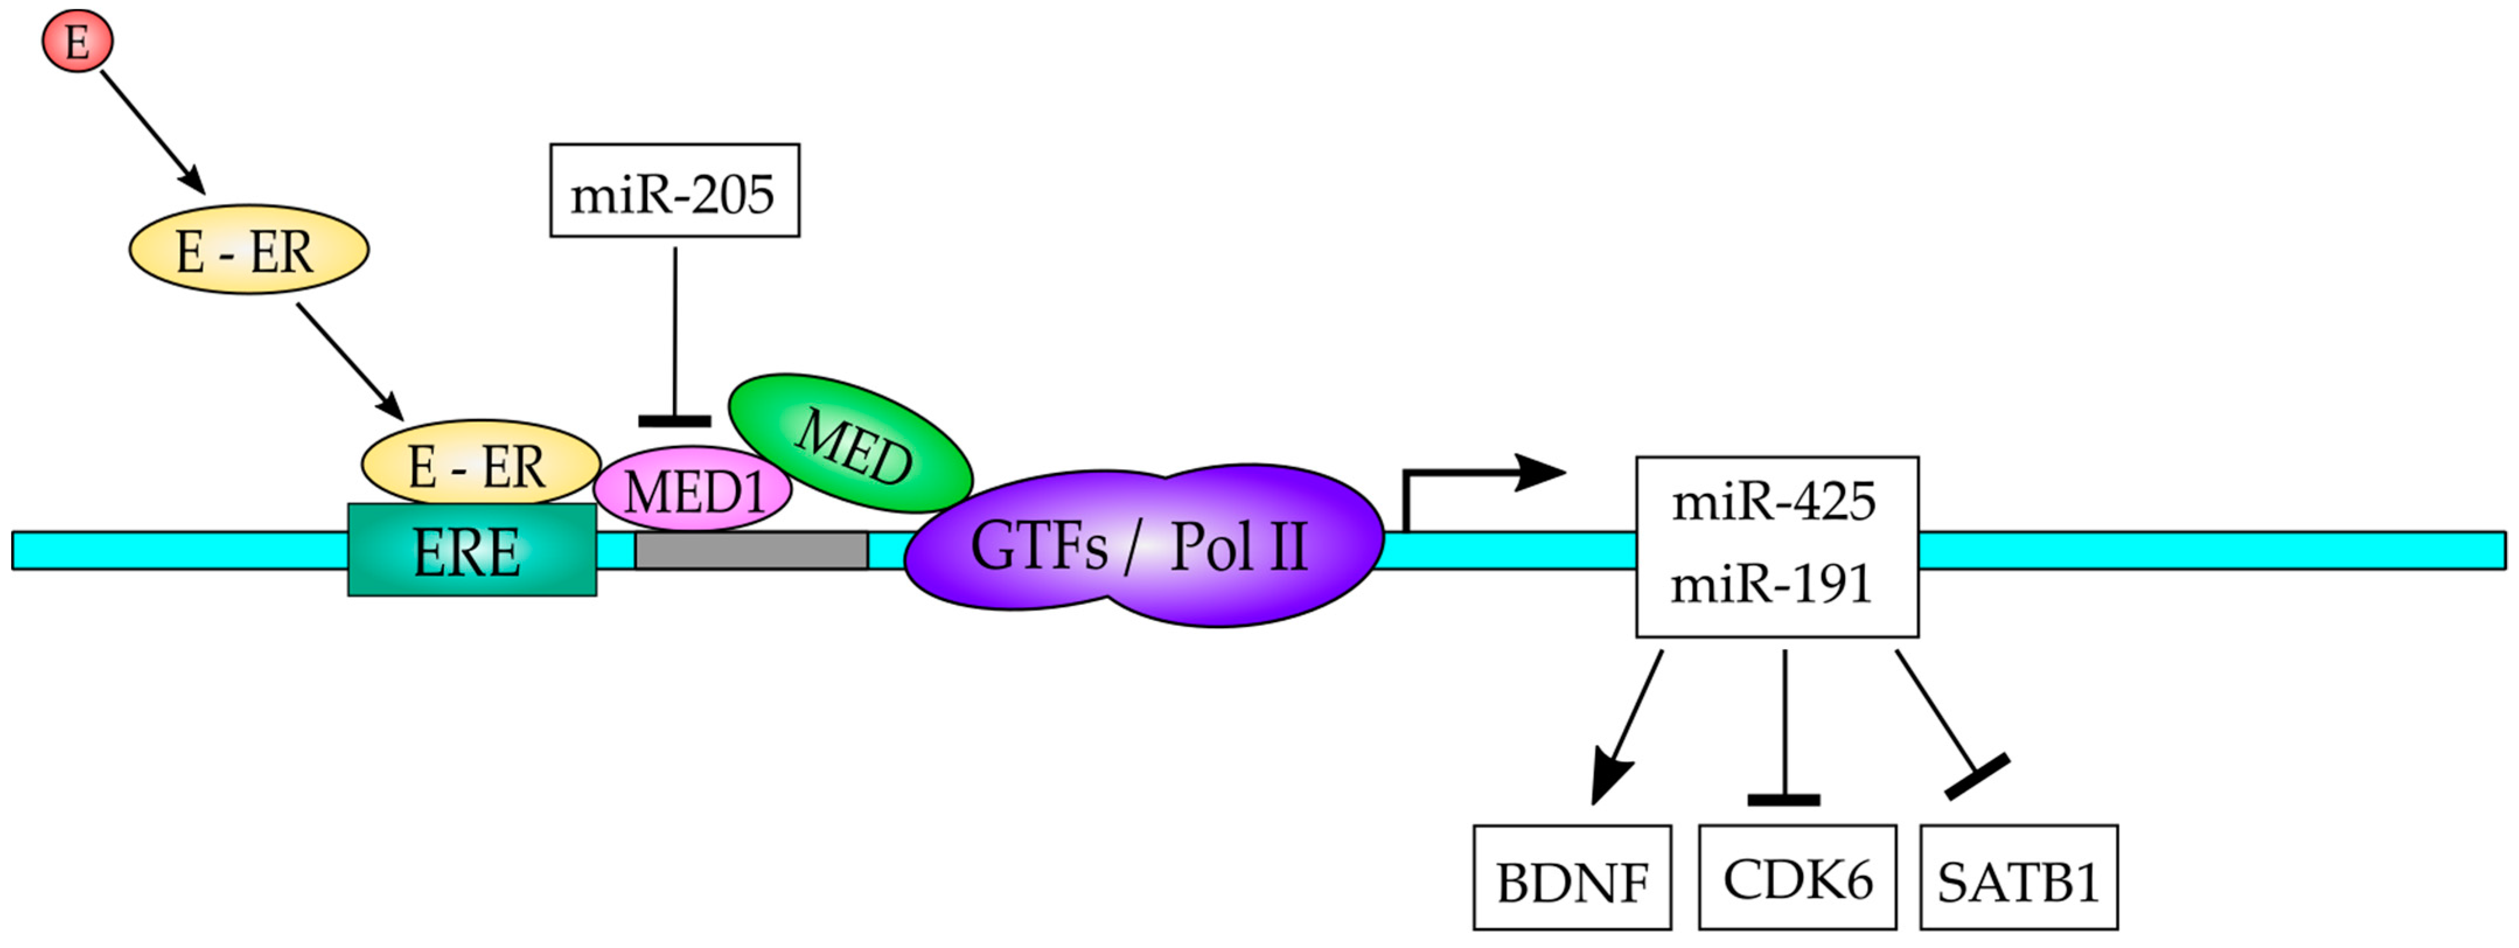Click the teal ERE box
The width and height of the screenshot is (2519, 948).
click(472, 553)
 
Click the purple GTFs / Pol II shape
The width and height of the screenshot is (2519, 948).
click(1142, 545)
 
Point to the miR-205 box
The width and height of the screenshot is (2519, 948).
click(674, 191)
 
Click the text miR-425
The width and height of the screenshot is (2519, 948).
click(1774, 502)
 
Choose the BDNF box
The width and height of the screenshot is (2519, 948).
click(1571, 877)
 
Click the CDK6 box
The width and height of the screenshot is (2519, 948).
click(1798, 877)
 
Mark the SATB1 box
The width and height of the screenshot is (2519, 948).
click(2018, 877)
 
